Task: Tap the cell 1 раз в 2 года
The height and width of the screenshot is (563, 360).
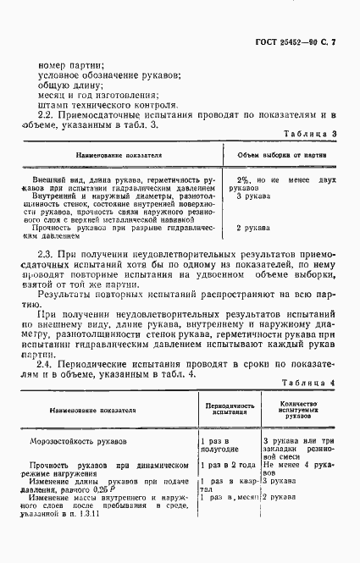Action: point(227,465)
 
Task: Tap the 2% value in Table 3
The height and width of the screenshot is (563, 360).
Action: point(242,181)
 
